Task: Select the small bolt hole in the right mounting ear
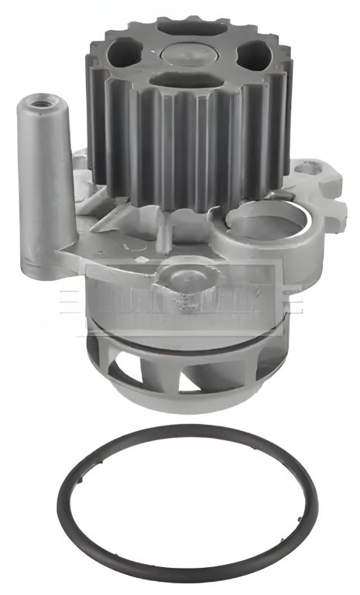tap(309, 166)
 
